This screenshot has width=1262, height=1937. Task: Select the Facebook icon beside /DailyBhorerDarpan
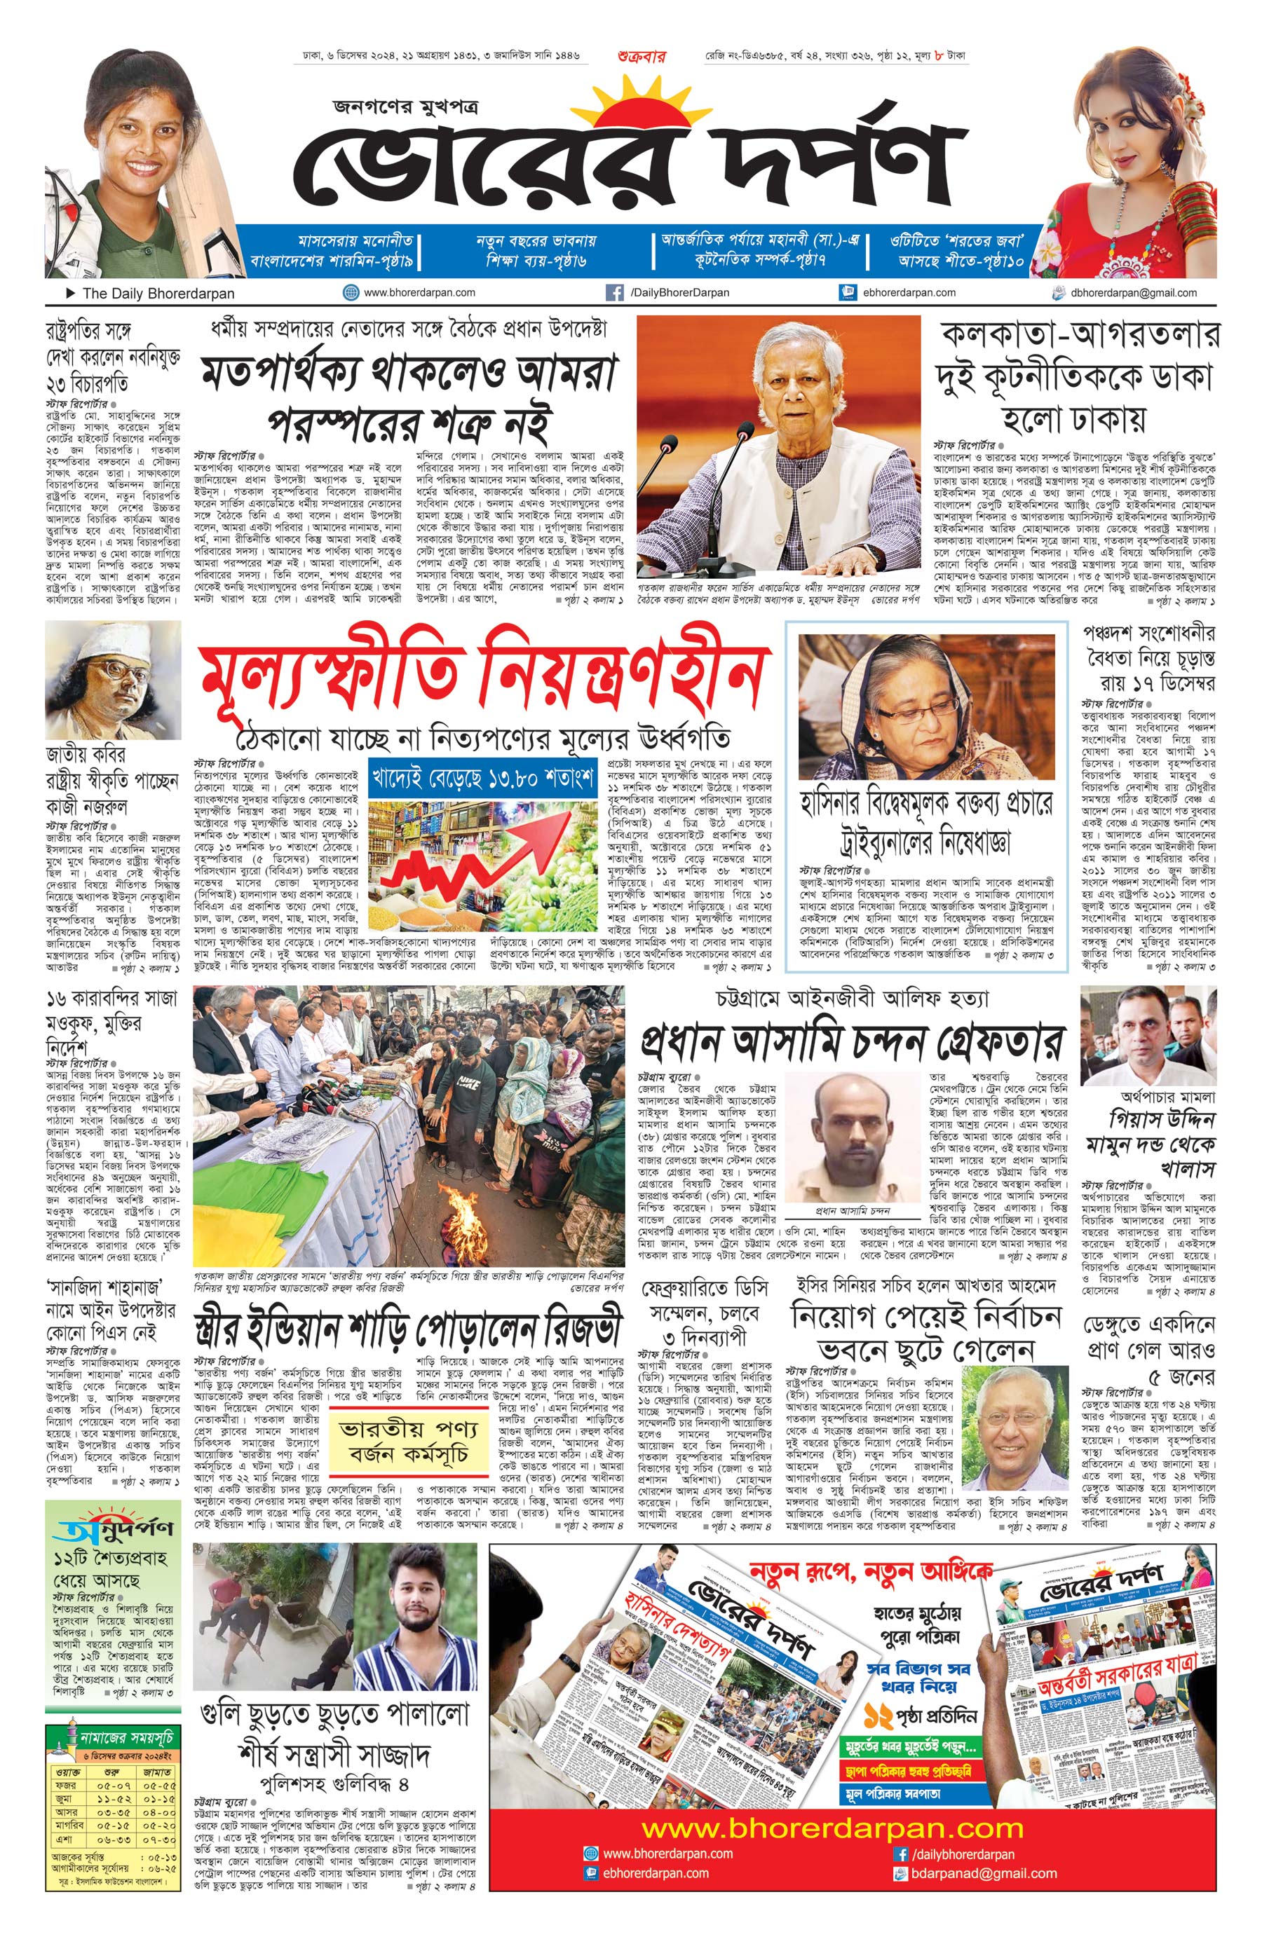click(x=615, y=293)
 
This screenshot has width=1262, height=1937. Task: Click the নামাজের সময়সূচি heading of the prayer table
click(x=125, y=1737)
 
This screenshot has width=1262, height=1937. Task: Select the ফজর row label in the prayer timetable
click(x=67, y=1785)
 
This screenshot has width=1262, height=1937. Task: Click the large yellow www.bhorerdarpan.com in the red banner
click(x=832, y=1828)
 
